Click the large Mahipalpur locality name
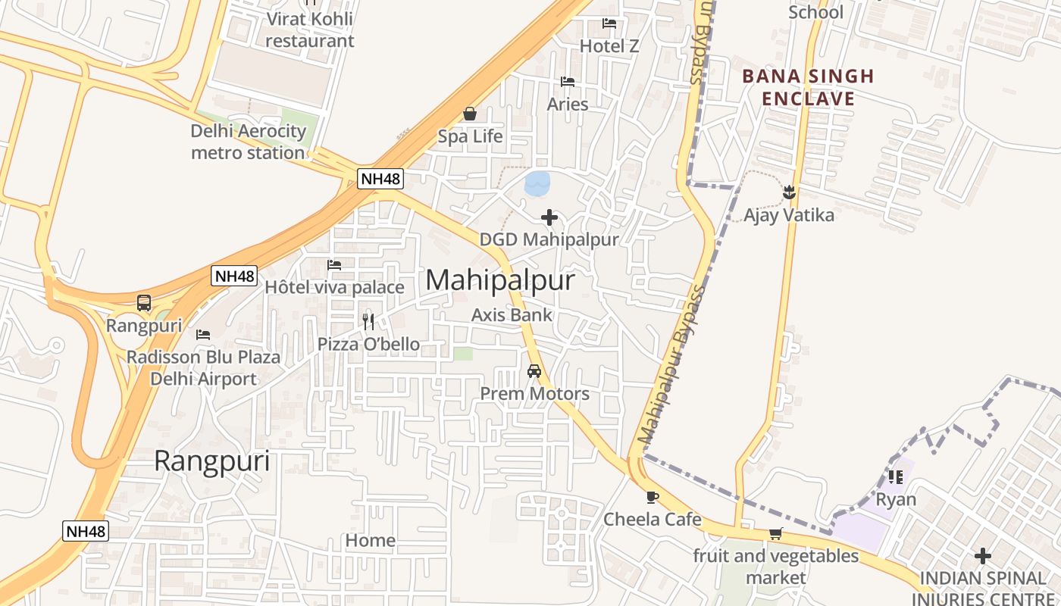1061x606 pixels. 500,280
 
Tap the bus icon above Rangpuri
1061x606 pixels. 144,303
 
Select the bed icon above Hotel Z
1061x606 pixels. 609,23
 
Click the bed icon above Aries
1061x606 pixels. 568,82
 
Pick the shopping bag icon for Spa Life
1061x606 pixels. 470,114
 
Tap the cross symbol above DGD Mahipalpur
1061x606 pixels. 549,218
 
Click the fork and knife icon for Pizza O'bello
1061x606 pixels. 368,321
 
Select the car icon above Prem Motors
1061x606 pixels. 534,371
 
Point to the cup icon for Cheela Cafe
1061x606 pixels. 652,497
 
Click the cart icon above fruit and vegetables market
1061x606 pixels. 775,534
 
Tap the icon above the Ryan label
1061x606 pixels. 896,477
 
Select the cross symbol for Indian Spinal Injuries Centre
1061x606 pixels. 983,557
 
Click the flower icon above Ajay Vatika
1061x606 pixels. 789,192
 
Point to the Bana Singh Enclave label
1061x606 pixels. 808,87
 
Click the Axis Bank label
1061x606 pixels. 512,315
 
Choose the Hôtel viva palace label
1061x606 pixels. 334,288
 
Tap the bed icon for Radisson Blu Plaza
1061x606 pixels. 203,334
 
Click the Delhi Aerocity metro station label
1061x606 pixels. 248,142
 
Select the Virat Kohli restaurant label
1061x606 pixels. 309,30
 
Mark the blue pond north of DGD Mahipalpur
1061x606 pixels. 537,183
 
